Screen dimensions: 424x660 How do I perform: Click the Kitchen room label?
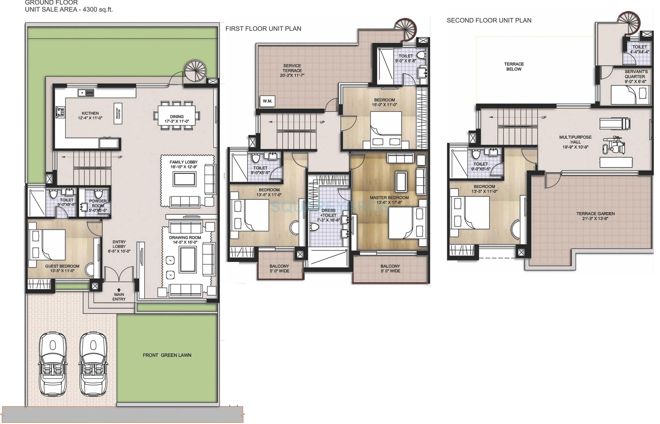coord(90,113)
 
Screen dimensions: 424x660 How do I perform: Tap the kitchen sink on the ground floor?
coord(85,93)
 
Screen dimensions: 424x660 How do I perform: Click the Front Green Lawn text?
coord(167,355)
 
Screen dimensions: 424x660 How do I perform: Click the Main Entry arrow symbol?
coord(119,290)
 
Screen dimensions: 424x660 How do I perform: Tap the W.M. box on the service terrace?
coord(267,101)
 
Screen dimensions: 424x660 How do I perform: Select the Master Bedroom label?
coord(389,198)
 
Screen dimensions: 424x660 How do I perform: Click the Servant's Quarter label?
coord(636,74)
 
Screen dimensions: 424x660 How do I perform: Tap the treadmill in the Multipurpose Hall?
coord(614,123)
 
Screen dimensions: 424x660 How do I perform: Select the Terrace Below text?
coord(514,66)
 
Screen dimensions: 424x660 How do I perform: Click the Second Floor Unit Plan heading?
coord(489,20)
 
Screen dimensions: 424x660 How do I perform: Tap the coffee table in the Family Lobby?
coord(184,179)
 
